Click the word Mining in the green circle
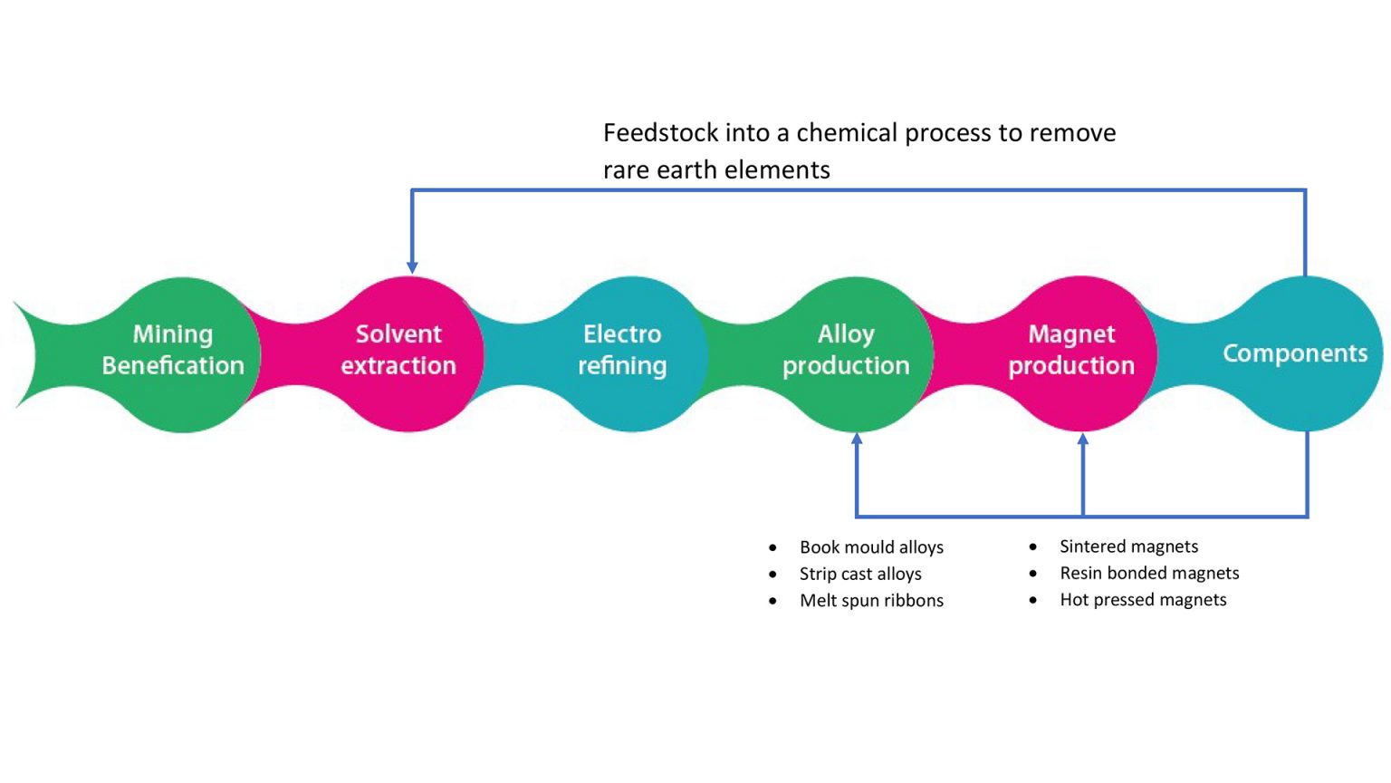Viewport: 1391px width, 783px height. (173, 334)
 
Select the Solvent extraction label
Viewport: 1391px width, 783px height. (398, 350)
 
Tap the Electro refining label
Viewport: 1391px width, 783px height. (622, 350)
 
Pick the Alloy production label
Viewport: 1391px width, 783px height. (846, 350)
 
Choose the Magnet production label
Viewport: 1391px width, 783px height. (1071, 350)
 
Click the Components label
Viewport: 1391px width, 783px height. (1295, 353)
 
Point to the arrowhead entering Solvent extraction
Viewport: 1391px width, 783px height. (412, 266)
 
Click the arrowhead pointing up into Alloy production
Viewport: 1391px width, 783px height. (857, 440)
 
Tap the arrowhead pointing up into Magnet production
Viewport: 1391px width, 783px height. (1083, 440)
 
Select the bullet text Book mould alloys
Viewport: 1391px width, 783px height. (871, 547)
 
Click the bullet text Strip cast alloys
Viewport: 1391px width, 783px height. (860, 574)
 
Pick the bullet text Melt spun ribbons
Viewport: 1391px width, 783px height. (871, 600)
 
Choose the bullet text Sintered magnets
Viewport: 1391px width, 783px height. (1128, 546)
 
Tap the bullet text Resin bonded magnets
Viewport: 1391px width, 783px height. (1149, 573)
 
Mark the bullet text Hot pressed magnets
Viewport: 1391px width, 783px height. (1143, 599)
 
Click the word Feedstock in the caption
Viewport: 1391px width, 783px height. (660, 133)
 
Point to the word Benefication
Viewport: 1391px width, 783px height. (173, 365)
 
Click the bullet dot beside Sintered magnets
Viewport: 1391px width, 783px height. (1033, 546)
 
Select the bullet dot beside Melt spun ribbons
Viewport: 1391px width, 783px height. (772, 600)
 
